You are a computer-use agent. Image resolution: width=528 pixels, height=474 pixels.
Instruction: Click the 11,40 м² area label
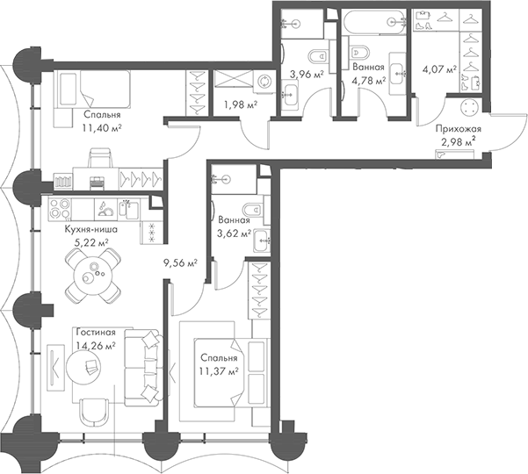point(102,128)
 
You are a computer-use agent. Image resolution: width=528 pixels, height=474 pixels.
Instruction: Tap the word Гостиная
point(96,333)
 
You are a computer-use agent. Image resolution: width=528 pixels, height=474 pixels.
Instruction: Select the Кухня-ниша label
point(90,230)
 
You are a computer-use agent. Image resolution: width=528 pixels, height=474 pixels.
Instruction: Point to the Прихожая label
point(459,129)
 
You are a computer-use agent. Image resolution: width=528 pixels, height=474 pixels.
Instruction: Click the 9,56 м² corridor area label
point(180,262)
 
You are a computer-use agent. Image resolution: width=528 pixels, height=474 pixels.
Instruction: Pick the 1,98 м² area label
point(241,105)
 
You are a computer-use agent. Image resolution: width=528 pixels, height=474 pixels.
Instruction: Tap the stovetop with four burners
point(60,209)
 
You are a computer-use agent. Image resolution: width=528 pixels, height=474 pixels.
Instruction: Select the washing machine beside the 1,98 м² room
point(264,82)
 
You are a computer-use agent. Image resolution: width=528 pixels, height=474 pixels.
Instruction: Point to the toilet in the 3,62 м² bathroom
point(252,211)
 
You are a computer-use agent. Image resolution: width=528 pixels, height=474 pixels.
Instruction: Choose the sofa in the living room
point(144,368)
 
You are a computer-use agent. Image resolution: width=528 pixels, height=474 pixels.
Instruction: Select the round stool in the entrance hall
point(469,107)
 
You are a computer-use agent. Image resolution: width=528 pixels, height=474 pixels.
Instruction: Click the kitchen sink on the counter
point(128,209)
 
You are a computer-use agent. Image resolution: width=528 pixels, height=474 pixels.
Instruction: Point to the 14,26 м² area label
point(96,346)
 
